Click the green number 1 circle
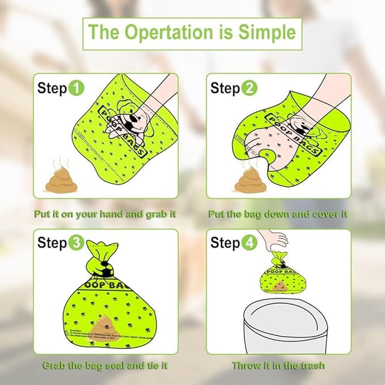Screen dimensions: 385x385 click(77, 88)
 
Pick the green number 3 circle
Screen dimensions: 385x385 click(77, 243)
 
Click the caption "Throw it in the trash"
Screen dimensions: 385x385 click(278, 365)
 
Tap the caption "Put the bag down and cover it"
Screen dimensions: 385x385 click(278, 214)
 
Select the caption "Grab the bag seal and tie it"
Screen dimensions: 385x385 click(105, 365)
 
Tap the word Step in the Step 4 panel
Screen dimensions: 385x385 click(225, 243)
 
